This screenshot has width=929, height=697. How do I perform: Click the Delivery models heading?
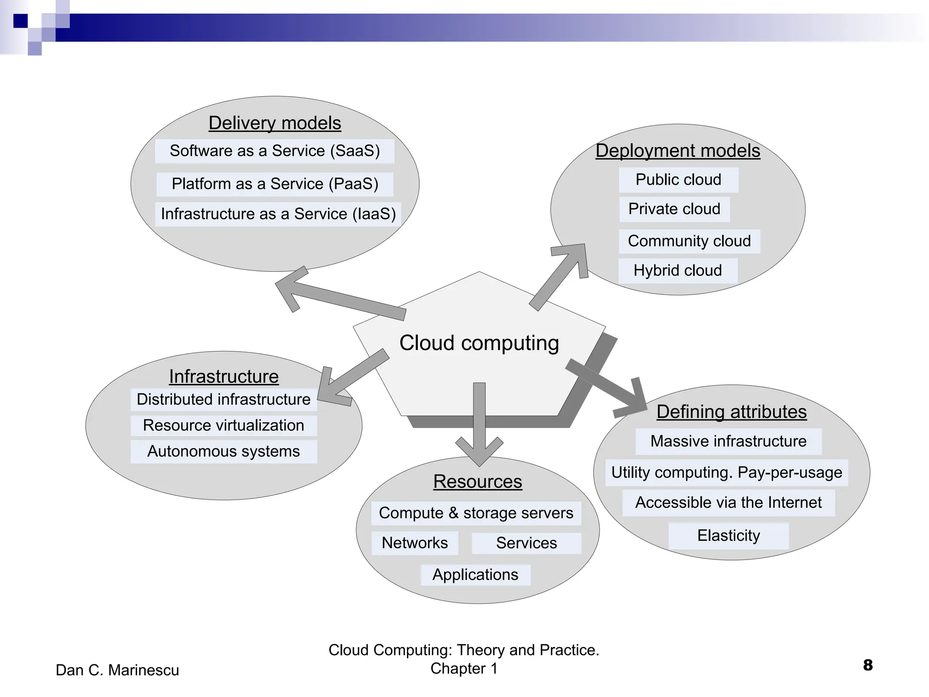coord(274,123)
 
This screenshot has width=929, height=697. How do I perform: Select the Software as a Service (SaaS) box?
coord(274,151)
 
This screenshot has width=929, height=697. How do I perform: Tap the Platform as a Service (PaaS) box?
coord(274,184)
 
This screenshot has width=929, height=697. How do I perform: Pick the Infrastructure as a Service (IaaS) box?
coord(278,214)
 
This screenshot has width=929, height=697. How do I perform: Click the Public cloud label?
coord(678,180)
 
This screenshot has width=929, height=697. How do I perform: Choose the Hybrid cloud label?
coord(677,270)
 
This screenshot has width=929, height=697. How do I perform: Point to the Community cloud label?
coord(689,241)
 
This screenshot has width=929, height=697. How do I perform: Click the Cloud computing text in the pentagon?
coord(479,343)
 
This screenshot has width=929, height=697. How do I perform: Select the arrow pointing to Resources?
coord(479,422)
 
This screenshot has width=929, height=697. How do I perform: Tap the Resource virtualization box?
coord(223,426)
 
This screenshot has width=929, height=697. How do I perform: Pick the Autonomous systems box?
coord(223,452)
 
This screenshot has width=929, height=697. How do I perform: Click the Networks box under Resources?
coord(415,543)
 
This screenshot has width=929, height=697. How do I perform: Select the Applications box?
coord(475,575)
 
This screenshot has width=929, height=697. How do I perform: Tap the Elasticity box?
coord(728,536)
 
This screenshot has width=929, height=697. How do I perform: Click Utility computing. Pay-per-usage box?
coord(726,473)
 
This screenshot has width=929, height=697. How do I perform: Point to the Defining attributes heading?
coord(731,412)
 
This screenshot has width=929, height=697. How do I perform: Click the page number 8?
coord(867,665)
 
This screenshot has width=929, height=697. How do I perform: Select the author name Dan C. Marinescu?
coord(117,670)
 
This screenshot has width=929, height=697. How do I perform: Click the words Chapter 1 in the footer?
coord(464,669)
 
